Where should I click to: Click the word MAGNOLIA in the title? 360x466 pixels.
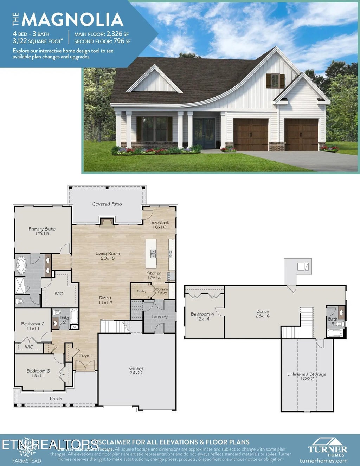[73, 20]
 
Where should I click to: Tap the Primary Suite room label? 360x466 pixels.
[42, 231]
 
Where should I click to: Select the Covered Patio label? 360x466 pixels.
[107, 204]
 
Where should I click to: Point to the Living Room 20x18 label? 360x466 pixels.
[108, 256]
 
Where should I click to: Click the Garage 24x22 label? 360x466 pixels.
[136, 370]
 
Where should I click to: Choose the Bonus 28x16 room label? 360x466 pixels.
[263, 313]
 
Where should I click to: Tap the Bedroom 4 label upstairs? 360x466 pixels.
[202, 316]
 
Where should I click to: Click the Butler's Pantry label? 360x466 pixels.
[162, 291]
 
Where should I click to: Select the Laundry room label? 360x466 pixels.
[160, 317]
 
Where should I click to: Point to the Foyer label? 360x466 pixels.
[85, 356]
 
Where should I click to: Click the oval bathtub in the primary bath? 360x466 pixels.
[21, 265]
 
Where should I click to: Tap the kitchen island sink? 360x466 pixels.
[153, 253]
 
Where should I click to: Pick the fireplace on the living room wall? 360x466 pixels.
[107, 222]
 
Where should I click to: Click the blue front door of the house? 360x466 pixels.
[204, 133]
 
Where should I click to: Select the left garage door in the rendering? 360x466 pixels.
[251, 135]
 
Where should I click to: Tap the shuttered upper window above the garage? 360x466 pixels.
[275, 81]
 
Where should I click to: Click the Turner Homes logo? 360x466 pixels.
[327, 447]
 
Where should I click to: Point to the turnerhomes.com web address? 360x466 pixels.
[323, 461]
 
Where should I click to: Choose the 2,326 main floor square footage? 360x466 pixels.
[114, 34]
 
